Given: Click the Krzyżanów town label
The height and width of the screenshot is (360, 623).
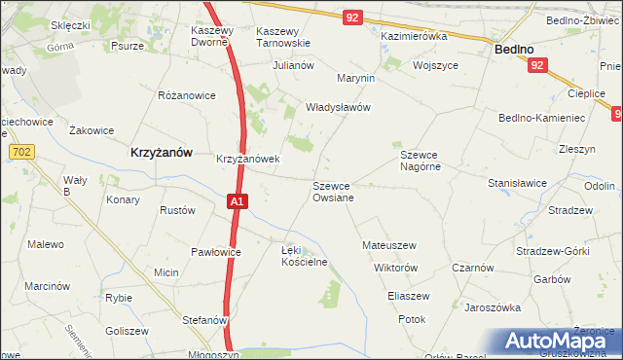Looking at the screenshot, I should (161, 153).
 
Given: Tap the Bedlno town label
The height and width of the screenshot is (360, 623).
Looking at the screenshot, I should (514, 48).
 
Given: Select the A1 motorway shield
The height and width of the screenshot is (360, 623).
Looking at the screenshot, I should (238, 201).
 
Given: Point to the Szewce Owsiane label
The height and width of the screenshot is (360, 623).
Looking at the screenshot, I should (333, 191).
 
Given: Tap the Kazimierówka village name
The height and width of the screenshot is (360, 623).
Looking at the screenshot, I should (413, 36).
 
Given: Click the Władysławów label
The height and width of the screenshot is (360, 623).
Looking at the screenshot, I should (339, 108).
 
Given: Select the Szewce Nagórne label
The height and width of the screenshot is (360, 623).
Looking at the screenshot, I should (421, 161).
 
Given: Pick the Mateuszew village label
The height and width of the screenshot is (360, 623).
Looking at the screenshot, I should (389, 245).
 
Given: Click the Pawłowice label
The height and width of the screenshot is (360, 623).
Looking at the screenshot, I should (215, 252).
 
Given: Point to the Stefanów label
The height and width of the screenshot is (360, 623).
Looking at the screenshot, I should (204, 319).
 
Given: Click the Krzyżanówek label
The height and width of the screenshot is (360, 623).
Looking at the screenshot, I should (248, 159).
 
